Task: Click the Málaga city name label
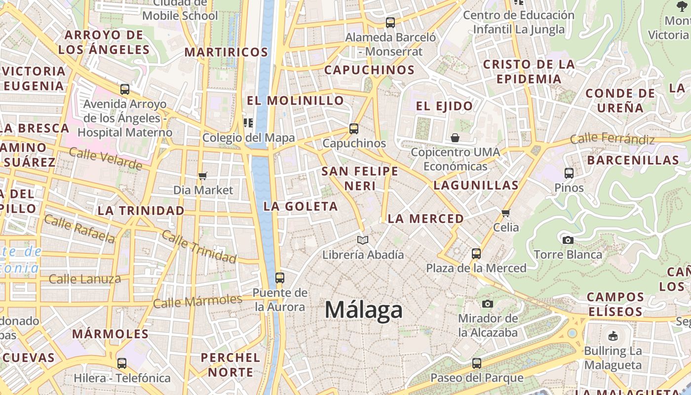coord(364,310)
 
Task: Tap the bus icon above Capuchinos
coord(353,129)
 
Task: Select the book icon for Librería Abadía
coord(363,240)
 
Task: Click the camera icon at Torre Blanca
coord(568,240)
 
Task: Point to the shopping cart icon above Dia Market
coord(202,176)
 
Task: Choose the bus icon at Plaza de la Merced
coord(476,254)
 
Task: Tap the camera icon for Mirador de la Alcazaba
coord(488,304)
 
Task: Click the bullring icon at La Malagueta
coord(613,336)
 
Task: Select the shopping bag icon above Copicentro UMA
coord(455,138)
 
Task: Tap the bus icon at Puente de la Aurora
coord(280,278)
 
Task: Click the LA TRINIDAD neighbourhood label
coord(141,211)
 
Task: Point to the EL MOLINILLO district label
coord(295,101)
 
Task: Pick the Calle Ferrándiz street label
coord(612,139)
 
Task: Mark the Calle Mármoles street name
coord(197,301)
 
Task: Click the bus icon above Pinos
coord(569,173)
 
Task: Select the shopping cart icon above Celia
coord(505,213)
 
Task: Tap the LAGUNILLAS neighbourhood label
coord(476,186)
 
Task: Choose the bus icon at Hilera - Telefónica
coord(122,363)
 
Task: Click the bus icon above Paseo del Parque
coord(476,363)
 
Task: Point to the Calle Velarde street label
coord(106,158)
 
